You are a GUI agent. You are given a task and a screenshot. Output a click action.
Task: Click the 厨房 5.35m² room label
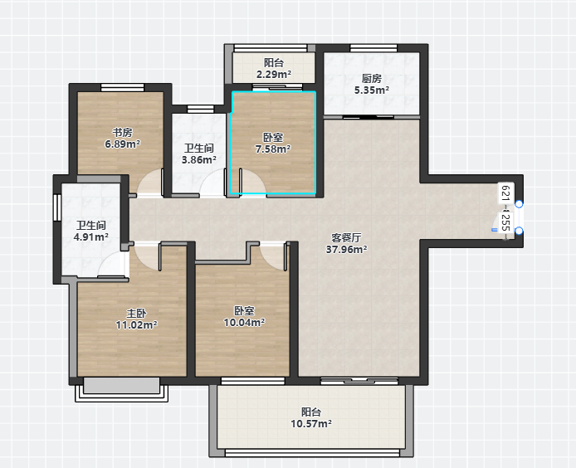371,84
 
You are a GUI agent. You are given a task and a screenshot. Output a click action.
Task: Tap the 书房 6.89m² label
122,138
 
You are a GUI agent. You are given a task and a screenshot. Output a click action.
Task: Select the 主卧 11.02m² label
136,319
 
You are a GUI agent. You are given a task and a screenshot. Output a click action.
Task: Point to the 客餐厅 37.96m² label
346,244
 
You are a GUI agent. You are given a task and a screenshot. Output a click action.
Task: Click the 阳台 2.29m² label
274,69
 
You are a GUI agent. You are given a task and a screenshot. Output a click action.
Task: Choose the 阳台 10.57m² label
311,417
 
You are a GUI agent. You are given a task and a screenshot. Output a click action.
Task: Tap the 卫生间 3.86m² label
198,154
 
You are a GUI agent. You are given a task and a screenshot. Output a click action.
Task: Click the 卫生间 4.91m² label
90,231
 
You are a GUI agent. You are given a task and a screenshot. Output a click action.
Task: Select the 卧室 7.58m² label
273,144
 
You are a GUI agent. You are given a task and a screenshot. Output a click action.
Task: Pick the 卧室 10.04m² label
244,317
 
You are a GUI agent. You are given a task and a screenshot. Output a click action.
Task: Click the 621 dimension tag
505,193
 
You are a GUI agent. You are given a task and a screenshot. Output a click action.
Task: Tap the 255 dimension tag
505,222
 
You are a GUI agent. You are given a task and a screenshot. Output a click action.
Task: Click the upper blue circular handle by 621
519,204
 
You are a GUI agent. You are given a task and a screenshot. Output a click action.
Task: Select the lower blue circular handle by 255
519,231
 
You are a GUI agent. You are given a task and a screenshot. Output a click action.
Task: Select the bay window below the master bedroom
122,389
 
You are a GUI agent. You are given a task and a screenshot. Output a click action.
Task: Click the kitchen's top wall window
373,48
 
